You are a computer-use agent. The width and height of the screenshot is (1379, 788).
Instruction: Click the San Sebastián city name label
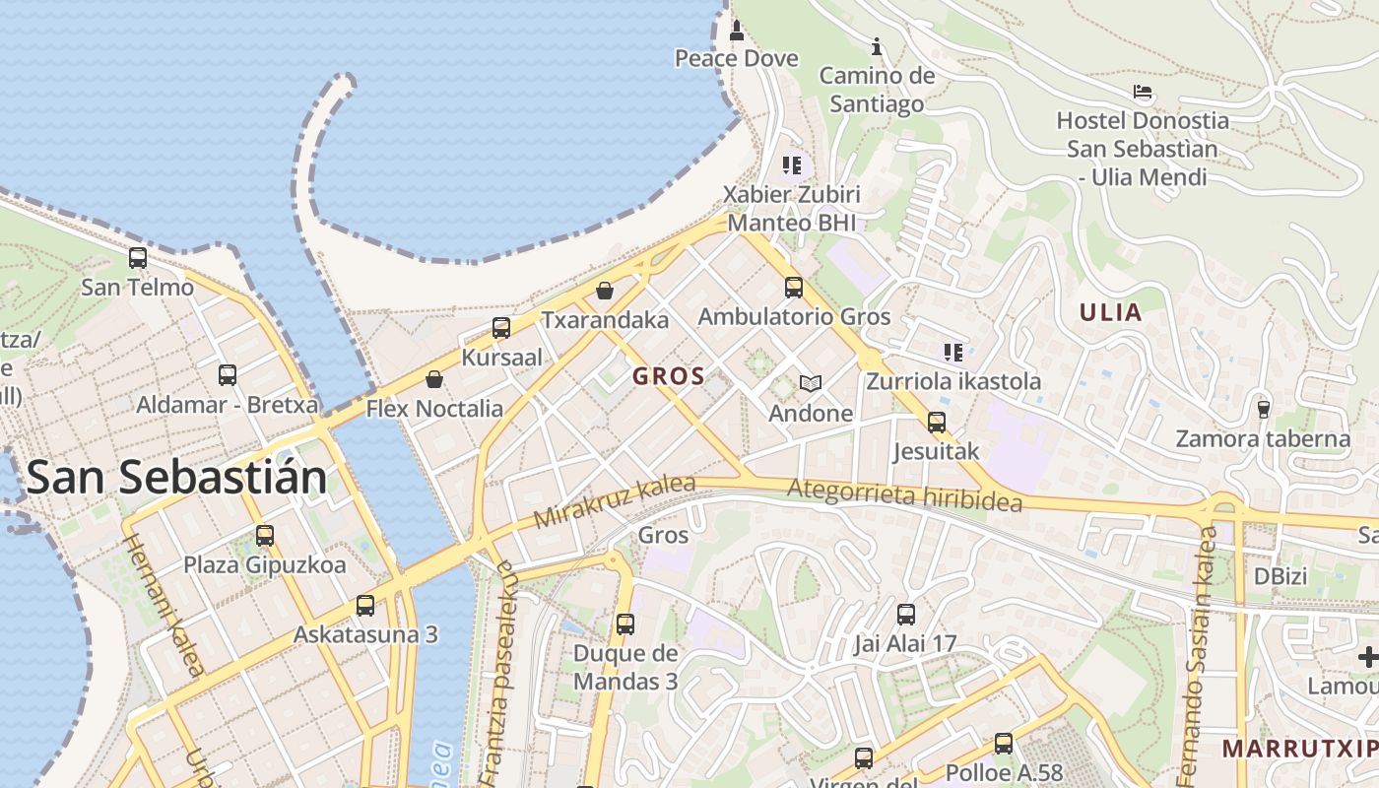(176, 478)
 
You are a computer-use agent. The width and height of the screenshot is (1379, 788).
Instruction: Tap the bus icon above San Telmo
(138, 258)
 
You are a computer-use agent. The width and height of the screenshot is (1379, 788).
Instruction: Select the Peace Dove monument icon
(736, 31)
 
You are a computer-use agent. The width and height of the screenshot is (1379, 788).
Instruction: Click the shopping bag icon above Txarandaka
(605, 291)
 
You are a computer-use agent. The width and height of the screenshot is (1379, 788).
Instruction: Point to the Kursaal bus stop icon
(501, 328)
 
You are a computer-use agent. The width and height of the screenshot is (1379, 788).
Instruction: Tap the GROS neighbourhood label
(669, 375)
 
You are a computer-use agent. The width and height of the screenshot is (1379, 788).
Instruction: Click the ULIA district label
(1110, 313)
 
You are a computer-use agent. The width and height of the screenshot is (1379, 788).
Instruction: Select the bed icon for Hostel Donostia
(1143, 93)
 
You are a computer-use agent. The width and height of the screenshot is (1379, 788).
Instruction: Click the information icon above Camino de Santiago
(877, 46)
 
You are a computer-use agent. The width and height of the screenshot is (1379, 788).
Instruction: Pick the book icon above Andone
(810, 383)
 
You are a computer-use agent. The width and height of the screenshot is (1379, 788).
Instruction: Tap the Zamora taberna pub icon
(1263, 408)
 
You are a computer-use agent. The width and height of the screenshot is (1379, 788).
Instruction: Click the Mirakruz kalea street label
(615, 501)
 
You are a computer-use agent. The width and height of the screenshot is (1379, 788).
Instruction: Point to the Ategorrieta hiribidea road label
(904, 494)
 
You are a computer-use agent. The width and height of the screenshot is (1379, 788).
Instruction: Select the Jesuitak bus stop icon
(936, 423)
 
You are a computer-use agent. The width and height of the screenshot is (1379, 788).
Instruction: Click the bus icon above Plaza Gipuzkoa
(265, 536)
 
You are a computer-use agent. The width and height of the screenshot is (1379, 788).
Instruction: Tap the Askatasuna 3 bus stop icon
(365, 605)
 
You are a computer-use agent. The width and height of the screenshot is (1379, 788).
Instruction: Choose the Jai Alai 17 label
(904, 644)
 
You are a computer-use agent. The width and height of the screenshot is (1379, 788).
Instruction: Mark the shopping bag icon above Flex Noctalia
(434, 379)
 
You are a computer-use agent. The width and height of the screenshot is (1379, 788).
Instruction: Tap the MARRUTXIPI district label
(1299, 749)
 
